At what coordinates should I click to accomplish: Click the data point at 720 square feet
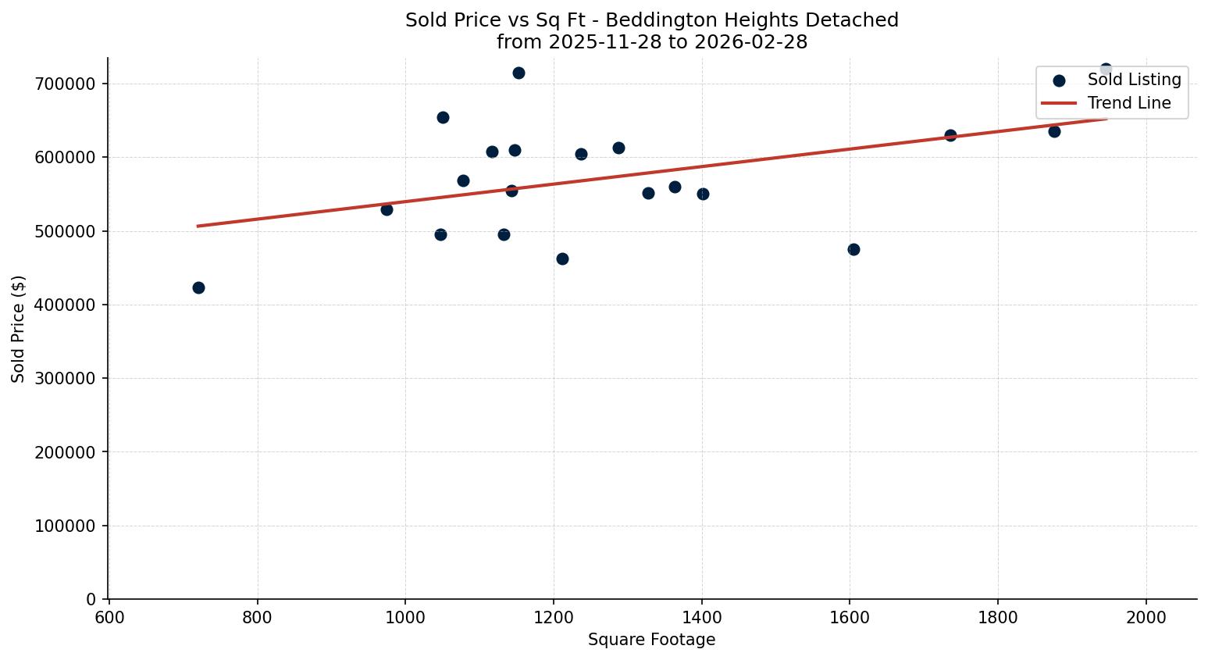pos(198,287)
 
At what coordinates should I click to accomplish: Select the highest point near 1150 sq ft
pos(518,73)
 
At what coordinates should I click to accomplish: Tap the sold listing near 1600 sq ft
pos(853,249)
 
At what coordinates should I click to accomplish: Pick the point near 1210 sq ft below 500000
pos(562,259)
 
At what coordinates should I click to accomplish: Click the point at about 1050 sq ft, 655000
pos(443,117)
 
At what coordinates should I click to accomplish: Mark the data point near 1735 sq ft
pos(950,135)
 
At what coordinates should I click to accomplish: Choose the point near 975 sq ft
pos(387,209)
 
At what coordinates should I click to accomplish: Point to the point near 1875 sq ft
pos(1054,131)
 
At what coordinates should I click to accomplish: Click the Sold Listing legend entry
pos(1134,80)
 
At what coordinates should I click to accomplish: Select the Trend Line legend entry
pos(1129,103)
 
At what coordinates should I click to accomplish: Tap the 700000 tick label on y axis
pos(65,84)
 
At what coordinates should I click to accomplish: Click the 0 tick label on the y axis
pos(91,599)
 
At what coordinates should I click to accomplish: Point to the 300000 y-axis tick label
pos(65,378)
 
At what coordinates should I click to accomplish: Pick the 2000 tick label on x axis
pos(1146,617)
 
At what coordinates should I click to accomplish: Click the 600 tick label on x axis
pos(109,617)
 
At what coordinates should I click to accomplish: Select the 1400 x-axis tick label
pos(701,617)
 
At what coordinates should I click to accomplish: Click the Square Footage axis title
pos(651,640)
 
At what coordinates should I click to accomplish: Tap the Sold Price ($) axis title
pos(18,329)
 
